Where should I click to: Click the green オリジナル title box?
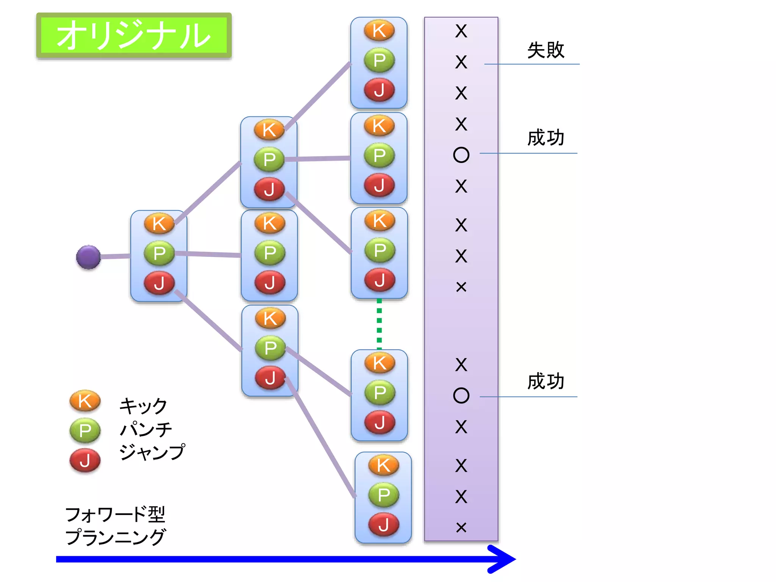[134, 35]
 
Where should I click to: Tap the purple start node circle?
[88, 257]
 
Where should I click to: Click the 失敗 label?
[546, 50]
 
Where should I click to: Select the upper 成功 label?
[546, 137]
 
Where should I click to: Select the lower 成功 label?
[546, 381]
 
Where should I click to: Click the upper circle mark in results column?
[461, 155]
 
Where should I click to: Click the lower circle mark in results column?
[461, 396]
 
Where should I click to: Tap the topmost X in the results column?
[461, 31]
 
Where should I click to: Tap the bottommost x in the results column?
[461, 527]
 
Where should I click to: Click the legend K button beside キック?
[85, 401]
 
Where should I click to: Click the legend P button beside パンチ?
[85, 430]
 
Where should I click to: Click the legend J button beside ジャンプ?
[85, 460]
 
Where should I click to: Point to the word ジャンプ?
[152, 452]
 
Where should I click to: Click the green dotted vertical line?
[379, 324]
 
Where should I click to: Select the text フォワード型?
[115, 514]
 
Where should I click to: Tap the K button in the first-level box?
[159, 224]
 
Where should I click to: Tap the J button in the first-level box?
[159, 283]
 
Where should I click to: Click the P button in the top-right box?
[379, 60]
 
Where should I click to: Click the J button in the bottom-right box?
[383, 525]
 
